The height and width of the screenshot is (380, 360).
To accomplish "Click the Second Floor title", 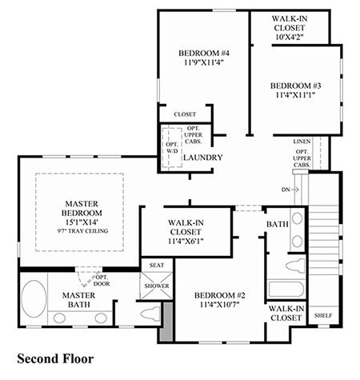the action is (x=55, y=358).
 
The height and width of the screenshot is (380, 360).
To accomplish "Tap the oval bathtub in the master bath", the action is (x=34, y=298).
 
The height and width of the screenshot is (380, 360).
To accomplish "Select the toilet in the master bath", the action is (x=150, y=313).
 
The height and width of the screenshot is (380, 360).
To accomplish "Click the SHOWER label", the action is (x=157, y=286).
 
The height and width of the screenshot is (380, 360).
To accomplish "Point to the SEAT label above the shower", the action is (x=157, y=266).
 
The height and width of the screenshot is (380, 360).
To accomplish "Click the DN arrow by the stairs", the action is (x=294, y=190).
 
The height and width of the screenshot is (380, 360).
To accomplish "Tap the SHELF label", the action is (x=323, y=315).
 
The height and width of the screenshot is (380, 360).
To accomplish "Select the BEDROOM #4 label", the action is (x=204, y=53).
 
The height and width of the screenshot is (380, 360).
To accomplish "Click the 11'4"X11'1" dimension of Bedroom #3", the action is (x=296, y=95).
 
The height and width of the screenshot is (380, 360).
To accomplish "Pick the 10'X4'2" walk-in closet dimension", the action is (x=290, y=37).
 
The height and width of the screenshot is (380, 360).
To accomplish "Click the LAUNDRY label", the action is (x=203, y=158).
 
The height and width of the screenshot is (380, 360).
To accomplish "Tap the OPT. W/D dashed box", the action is (x=172, y=148).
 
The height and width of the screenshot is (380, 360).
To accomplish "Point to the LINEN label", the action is (x=302, y=142).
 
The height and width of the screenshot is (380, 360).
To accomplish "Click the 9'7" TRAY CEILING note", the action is (x=82, y=231).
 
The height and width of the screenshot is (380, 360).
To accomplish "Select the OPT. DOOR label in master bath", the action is (x=102, y=281).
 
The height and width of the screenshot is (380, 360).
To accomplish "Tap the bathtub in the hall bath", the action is (x=286, y=289).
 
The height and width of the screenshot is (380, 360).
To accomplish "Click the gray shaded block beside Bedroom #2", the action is (x=167, y=321).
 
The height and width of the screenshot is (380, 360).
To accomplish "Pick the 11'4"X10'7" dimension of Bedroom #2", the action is (x=220, y=304).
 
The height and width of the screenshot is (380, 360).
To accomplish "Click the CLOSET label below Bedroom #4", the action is (x=185, y=114).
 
